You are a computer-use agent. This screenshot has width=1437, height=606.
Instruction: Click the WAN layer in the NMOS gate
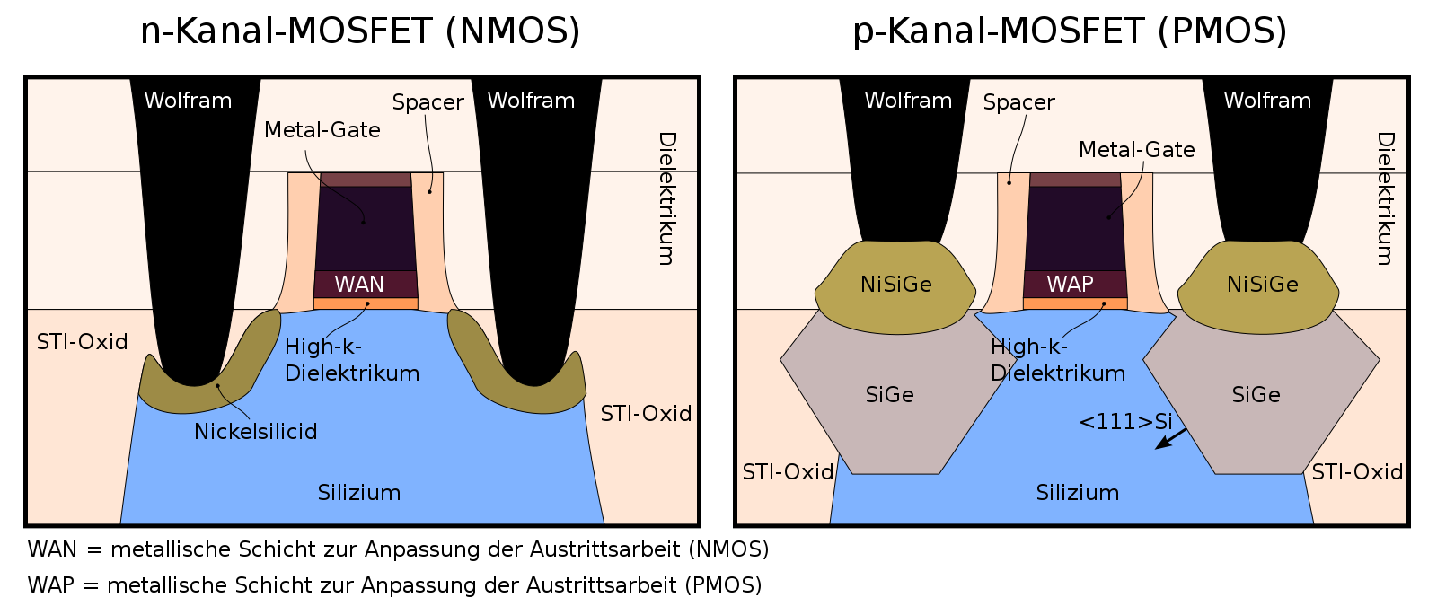coord(366,284)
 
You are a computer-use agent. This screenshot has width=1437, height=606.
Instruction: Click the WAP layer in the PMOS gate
coord(1075,284)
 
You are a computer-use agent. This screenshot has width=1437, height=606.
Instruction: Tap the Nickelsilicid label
coord(255,432)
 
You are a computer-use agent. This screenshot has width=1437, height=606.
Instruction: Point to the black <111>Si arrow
coord(1171,439)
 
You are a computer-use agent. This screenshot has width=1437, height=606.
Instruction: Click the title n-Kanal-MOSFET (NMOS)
coord(360,31)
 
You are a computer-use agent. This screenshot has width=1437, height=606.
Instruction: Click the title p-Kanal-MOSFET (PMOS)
coord(1070,31)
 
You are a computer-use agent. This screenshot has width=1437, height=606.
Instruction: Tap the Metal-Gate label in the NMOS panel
coord(322,130)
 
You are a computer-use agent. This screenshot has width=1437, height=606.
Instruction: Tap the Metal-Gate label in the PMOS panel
coord(1137,149)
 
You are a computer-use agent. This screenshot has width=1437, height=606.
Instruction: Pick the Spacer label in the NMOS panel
coord(428,102)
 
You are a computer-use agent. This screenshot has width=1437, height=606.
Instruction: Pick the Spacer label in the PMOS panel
coord(1018,102)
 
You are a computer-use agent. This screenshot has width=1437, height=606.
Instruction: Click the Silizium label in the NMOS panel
coord(359,493)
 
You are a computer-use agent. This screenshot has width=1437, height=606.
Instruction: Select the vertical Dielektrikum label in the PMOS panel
coord(1387,198)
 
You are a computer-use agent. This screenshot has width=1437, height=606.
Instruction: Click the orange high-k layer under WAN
coord(366,304)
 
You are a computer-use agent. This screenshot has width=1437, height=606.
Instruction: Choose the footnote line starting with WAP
coord(394,585)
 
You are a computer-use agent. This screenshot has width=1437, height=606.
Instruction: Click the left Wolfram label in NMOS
coord(188,101)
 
